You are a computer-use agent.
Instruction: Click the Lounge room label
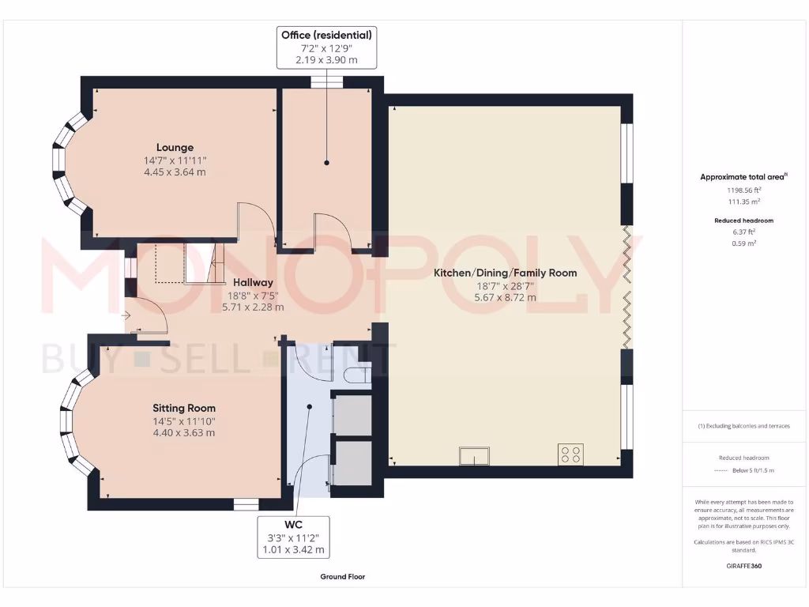pos(175,148)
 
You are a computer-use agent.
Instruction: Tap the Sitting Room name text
pos(184,408)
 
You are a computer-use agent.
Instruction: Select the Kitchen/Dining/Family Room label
pos(505,273)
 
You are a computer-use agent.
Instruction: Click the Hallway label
pos(253,282)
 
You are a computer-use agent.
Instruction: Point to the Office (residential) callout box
pos(326,47)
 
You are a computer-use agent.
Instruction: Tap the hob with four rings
pos(570,454)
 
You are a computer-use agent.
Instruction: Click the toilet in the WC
pos(358,373)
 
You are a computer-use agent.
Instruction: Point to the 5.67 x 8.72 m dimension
pos(505,298)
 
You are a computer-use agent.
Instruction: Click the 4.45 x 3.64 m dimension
pos(175,172)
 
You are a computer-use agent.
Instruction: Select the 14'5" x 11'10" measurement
pos(184,420)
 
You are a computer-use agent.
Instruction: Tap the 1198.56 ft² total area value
pos(743,190)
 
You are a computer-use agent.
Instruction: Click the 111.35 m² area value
pos(743,202)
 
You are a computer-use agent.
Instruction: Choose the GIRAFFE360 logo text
pos(743,566)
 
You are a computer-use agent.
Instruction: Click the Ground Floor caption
pos(342,577)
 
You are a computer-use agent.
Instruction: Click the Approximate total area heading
pos(743,177)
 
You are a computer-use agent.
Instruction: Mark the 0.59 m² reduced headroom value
pos(743,243)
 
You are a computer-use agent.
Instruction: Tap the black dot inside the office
pos(326,162)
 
